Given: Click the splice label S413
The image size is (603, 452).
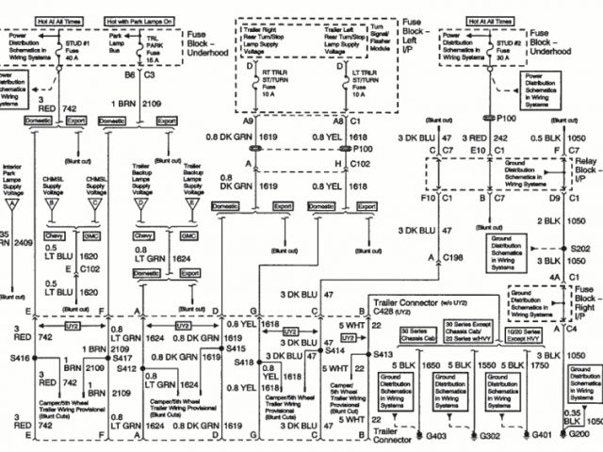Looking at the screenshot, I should (x=382, y=354).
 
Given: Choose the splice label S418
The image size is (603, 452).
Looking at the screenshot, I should (x=242, y=363).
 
